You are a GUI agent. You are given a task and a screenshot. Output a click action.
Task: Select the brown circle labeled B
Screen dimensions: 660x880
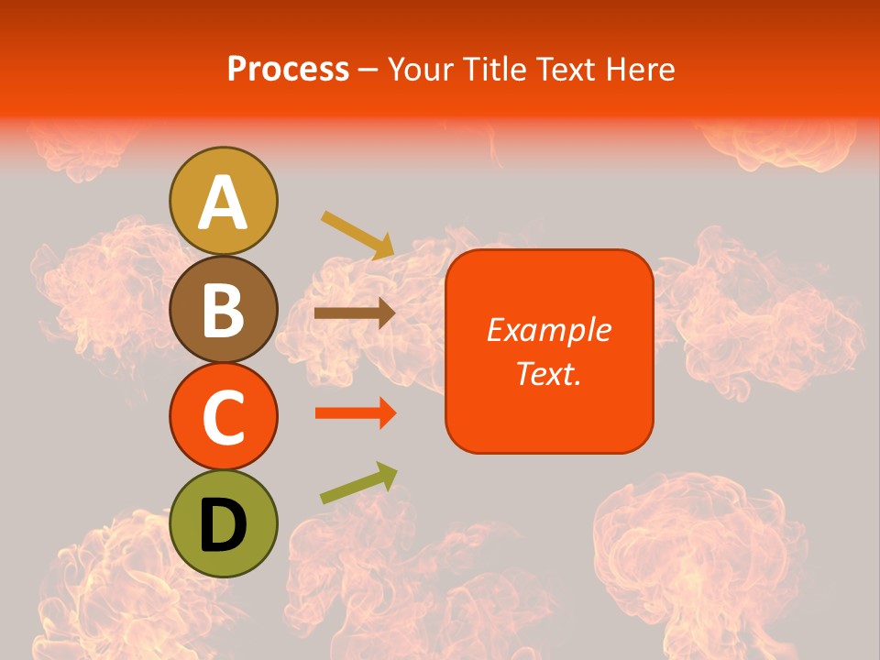click(x=224, y=309)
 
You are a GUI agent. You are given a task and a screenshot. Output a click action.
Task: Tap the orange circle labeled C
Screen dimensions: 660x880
click(x=224, y=416)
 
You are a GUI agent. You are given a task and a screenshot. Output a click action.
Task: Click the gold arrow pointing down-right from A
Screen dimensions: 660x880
click(x=357, y=234)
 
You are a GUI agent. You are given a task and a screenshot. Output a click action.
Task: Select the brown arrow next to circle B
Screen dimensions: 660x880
click(x=354, y=313)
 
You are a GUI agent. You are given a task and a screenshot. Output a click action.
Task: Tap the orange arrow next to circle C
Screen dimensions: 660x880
click(x=355, y=413)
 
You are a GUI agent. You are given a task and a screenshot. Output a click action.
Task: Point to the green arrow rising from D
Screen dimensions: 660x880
click(x=358, y=483)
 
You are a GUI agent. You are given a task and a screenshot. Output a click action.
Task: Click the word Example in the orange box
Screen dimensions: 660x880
click(x=548, y=330)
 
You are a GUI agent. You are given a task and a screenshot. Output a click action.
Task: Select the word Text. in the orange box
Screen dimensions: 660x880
click(x=548, y=373)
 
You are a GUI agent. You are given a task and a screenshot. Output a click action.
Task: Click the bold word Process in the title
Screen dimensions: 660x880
click(x=288, y=69)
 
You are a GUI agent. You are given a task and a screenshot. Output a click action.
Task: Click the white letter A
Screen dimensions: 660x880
click(x=224, y=202)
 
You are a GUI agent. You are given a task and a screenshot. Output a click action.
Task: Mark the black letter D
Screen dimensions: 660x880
click(x=224, y=525)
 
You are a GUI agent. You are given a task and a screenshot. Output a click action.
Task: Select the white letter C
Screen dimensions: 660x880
click(x=224, y=418)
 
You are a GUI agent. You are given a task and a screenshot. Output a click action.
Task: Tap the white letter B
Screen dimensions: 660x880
click(x=224, y=309)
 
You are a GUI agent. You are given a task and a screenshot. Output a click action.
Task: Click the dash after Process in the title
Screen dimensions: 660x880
click(x=368, y=71)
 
